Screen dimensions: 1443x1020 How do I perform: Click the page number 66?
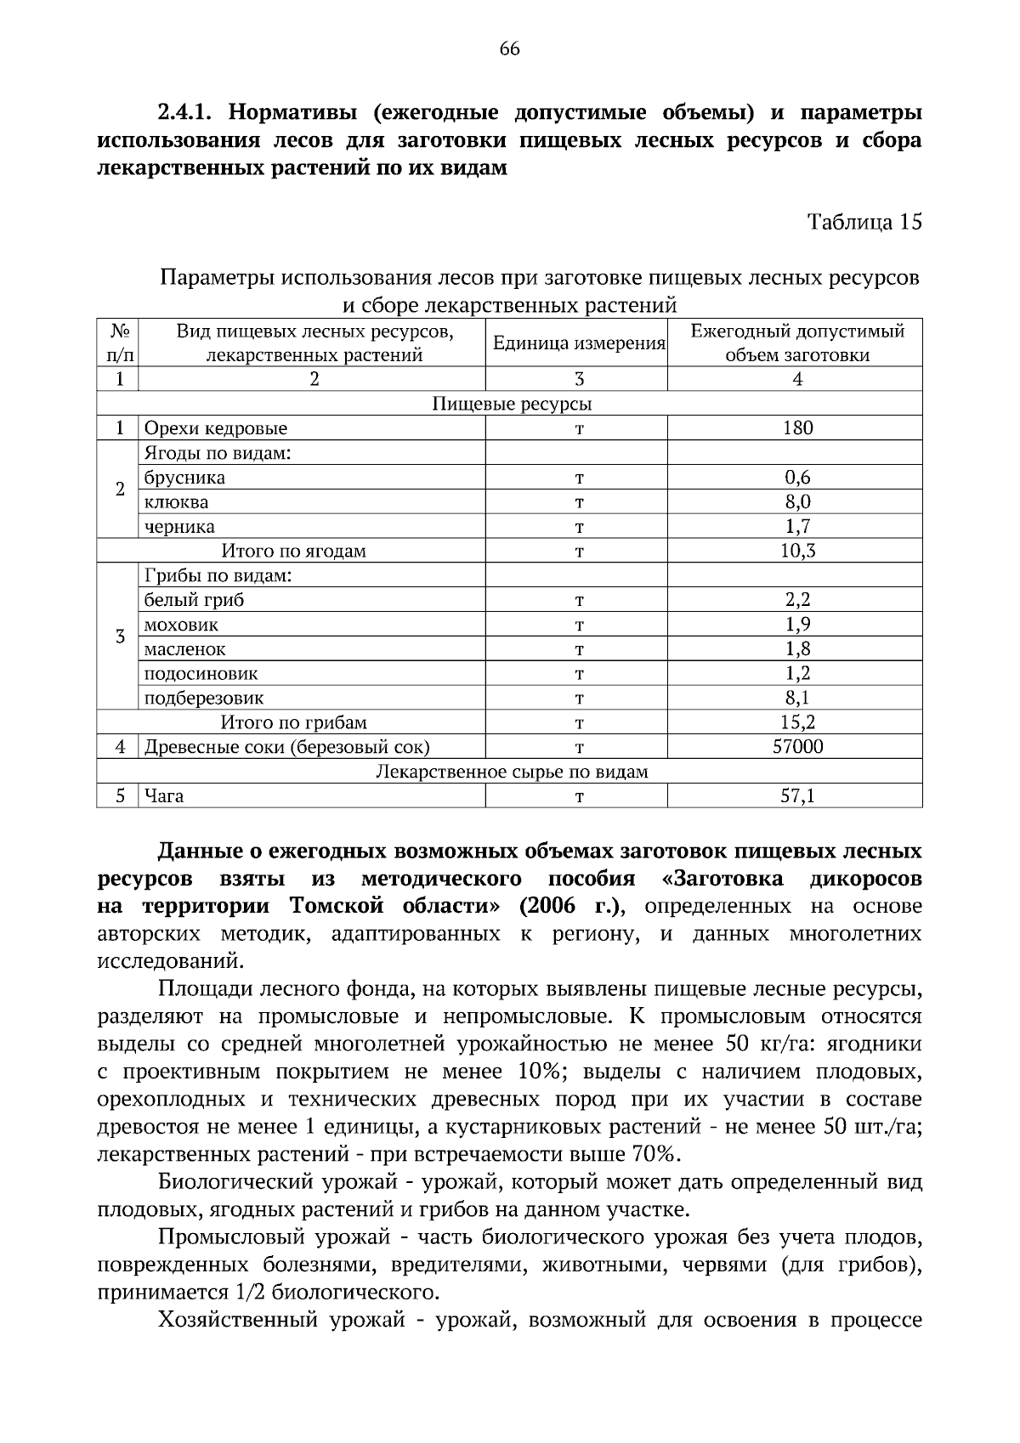509,48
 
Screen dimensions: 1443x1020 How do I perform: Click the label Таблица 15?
864,223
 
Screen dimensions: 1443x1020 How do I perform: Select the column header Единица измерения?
578,343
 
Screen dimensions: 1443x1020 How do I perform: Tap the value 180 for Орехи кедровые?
796,428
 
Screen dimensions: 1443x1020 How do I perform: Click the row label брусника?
184,478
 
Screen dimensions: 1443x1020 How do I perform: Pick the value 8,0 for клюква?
796,502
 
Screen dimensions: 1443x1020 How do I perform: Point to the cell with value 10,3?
796,551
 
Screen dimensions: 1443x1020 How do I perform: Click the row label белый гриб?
194,600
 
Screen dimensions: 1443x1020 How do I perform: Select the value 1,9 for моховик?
796,625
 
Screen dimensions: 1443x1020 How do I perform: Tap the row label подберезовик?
204,699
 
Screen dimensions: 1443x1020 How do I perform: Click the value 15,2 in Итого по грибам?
796,723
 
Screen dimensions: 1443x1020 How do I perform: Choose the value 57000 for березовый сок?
796,748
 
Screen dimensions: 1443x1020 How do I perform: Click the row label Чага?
163,796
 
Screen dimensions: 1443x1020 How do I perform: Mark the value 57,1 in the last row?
796,796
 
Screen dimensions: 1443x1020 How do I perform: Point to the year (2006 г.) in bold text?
570,906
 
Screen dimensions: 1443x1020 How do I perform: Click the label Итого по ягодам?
293,551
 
